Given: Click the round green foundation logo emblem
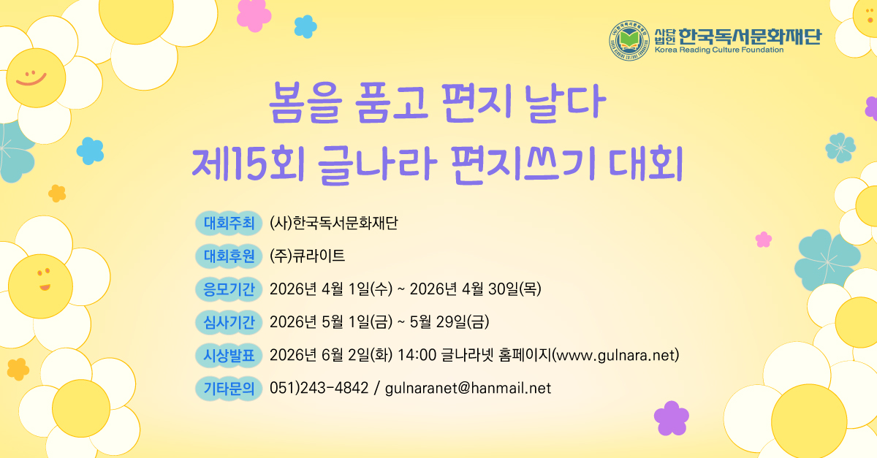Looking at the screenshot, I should click(630, 40).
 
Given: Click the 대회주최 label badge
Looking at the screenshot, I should click(227, 222).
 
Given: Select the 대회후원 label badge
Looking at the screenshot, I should click(227, 256).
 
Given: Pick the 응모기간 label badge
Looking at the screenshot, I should click(227, 289).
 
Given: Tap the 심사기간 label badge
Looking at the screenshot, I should click(227, 321).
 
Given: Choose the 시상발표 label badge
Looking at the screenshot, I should click(227, 355).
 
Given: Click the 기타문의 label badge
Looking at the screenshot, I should click(227, 388).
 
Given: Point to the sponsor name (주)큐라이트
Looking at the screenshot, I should click(307, 256).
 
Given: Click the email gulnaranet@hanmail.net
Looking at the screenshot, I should click(468, 388).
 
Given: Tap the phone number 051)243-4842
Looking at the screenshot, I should click(319, 388).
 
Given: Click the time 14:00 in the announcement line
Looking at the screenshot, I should click(417, 356).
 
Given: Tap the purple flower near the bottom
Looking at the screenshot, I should click(671, 417).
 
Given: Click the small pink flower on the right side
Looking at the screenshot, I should click(763, 239).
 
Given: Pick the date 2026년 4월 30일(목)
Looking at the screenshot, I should click(475, 289).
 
